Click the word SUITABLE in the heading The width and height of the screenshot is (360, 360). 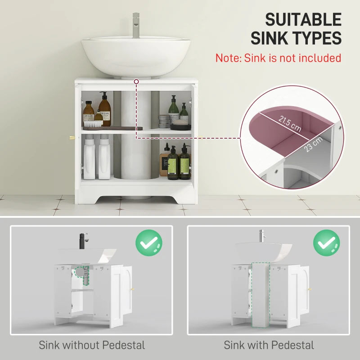[x=303, y=19]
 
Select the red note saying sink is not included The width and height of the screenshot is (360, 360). [x=278, y=58]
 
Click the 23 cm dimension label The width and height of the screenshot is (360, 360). [x=313, y=144]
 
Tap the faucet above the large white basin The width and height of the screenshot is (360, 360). [x=135, y=25]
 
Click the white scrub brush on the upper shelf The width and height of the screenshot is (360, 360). [x=94, y=124]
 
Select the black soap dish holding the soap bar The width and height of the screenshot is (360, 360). [x=180, y=126]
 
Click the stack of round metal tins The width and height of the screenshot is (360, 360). [x=165, y=121]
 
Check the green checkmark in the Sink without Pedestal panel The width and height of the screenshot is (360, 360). [x=149, y=243]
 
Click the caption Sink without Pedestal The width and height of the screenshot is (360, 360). [x=92, y=345]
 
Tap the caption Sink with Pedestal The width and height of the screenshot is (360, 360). [x=269, y=345]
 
